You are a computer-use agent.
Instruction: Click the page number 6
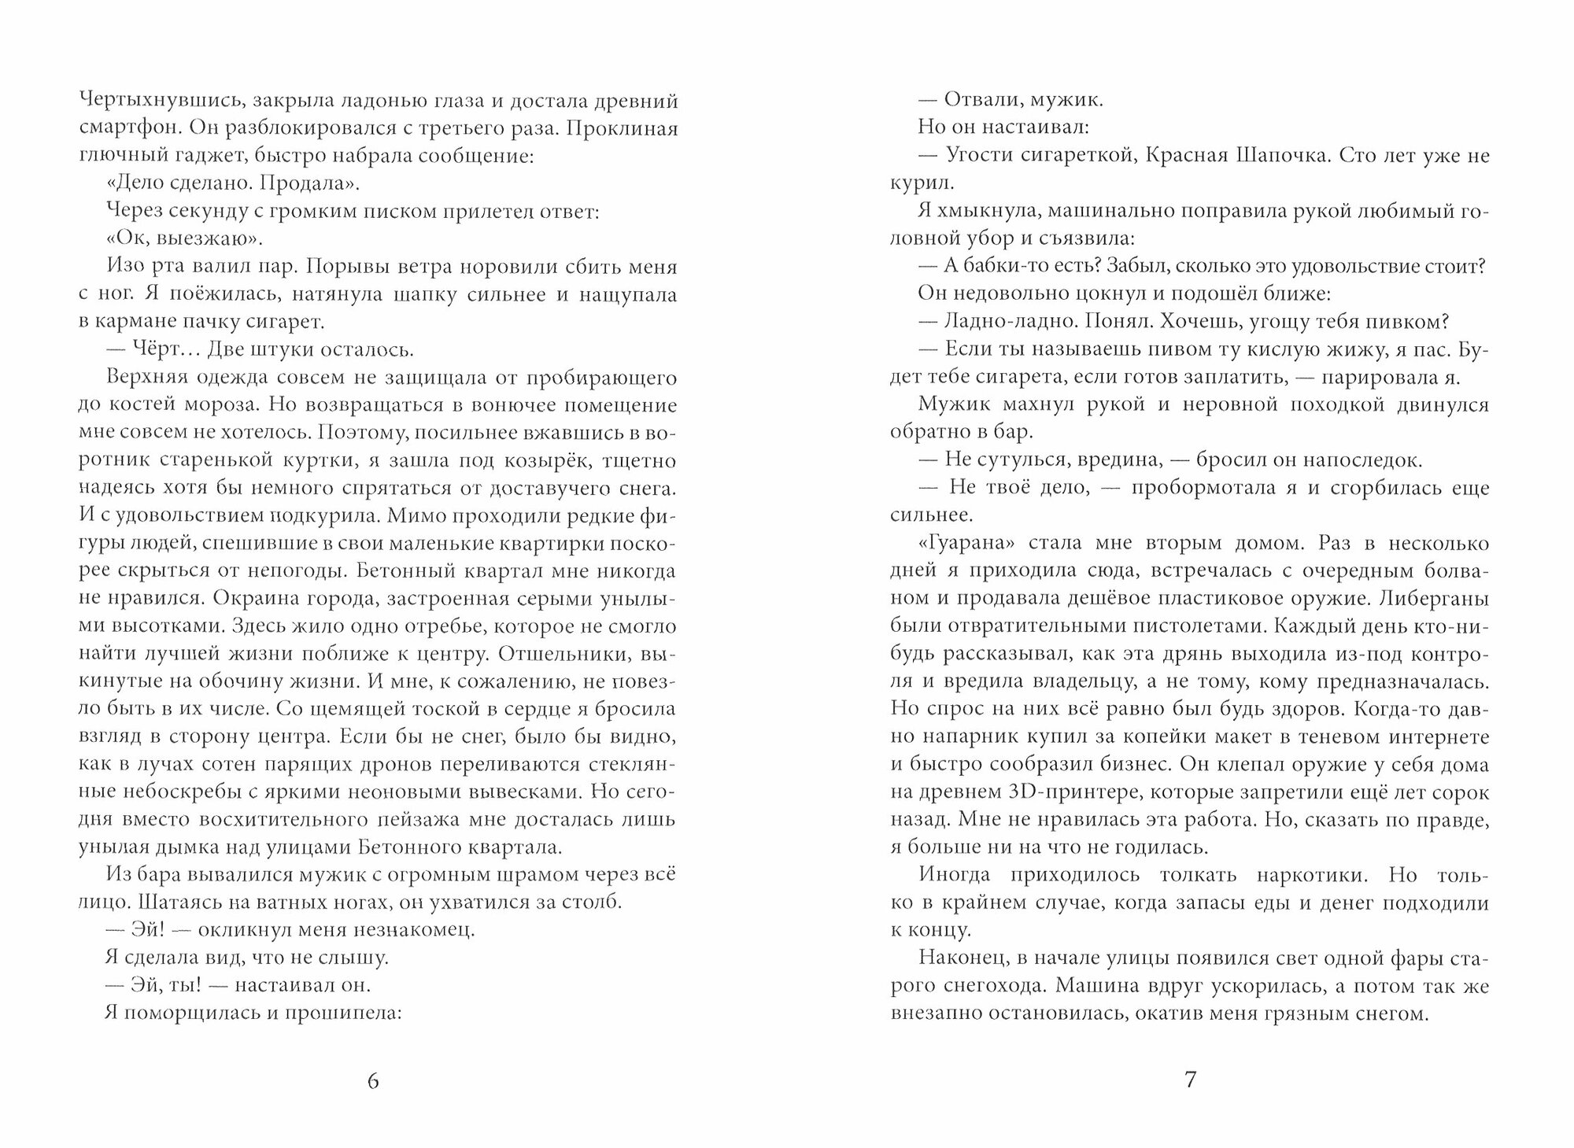tap(373, 1080)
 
